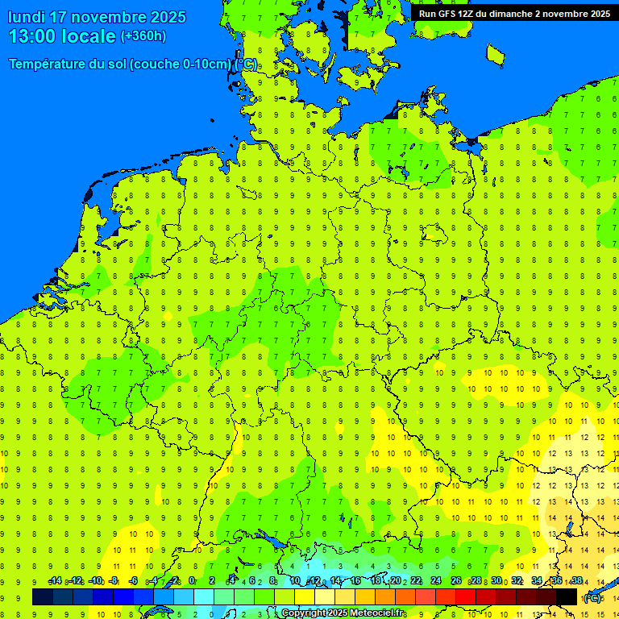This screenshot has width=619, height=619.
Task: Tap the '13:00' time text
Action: [33, 36]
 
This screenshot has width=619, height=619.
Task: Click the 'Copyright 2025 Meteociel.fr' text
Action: [343, 613]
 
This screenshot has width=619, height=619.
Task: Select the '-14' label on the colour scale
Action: [54, 581]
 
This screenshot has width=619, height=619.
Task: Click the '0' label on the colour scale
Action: [192, 581]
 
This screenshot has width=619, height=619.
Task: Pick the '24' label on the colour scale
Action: [436, 581]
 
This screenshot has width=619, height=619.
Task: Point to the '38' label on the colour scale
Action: [576, 581]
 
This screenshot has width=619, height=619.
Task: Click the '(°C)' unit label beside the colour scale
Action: [592, 598]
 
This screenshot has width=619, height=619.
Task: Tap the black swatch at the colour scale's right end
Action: [567, 596]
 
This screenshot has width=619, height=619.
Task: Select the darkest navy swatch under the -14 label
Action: [43, 596]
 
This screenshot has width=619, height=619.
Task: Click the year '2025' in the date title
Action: [165, 17]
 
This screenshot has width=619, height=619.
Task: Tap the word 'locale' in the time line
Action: [89, 36]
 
